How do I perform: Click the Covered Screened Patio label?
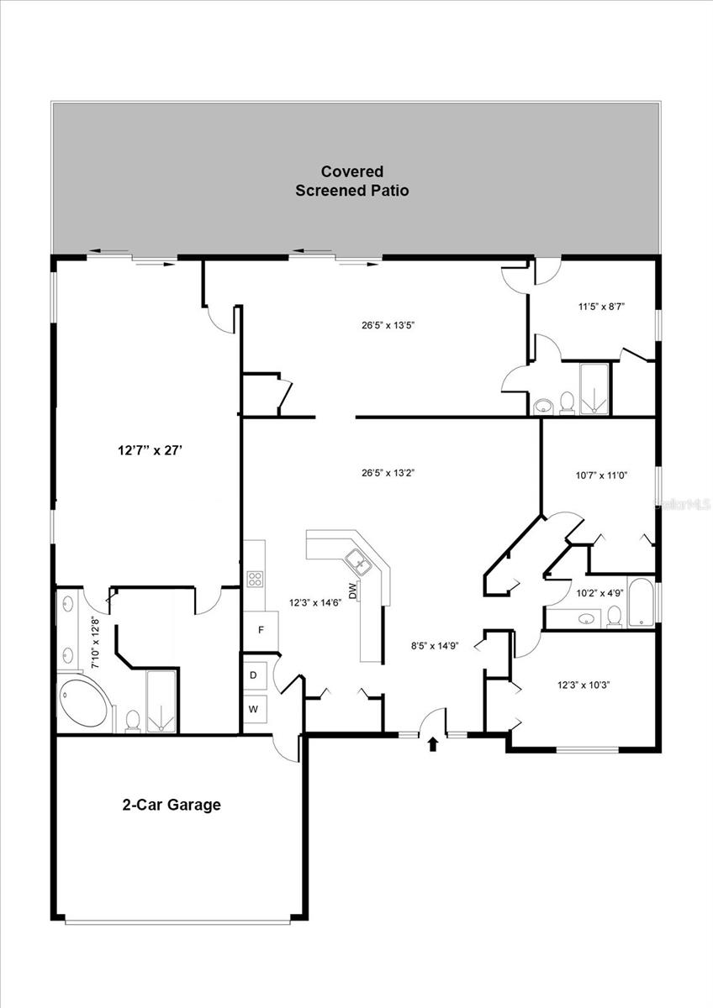[351, 181]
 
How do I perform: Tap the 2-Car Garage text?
[172, 805]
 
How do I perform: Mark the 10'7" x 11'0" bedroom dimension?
[601, 475]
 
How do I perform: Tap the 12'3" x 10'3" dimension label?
[583, 685]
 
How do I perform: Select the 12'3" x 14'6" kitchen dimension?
[315, 602]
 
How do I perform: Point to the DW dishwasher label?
[353, 591]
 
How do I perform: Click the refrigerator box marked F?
[261, 629]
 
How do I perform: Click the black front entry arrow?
[433, 743]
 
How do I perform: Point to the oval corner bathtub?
[84, 705]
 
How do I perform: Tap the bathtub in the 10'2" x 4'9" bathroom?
[641, 602]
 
